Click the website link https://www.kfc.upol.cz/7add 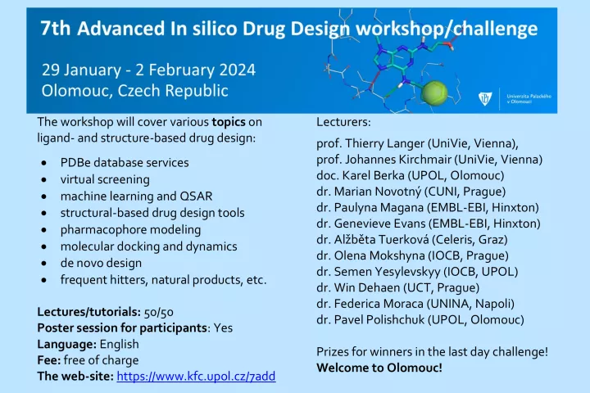(196, 376)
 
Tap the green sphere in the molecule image (434, 93)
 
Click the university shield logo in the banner (485, 98)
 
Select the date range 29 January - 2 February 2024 (148, 70)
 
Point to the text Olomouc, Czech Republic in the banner (134, 91)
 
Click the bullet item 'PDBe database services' (125, 162)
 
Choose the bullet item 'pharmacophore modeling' (130, 230)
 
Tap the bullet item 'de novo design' (102, 263)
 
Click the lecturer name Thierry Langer (384, 143)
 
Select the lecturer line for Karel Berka (411, 175)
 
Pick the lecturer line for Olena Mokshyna (412, 255)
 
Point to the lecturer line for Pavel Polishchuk (420, 319)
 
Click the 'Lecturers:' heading (343, 122)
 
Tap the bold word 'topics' (229, 122)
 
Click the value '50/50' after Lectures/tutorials (159, 312)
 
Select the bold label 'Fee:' (49, 360)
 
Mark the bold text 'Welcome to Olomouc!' (379, 368)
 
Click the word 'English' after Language (120, 344)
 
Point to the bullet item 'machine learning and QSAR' (136, 196)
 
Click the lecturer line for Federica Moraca (415, 304)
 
